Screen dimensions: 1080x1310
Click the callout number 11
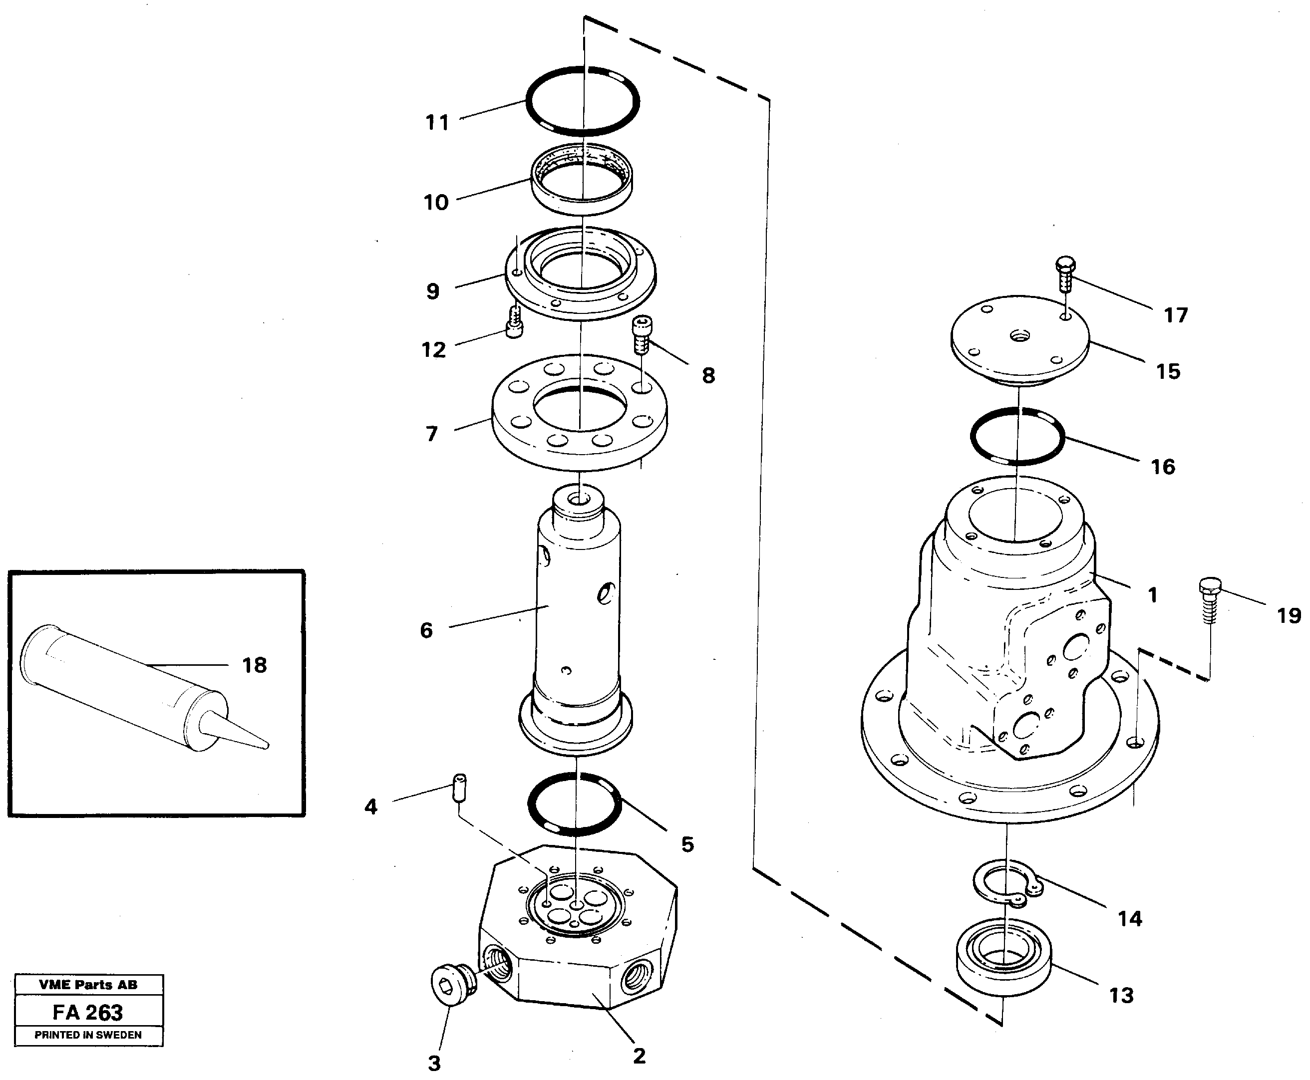437,123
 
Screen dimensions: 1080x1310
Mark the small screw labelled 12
514,322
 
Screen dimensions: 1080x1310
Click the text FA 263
88,1013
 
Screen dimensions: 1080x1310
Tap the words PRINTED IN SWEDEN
88,1035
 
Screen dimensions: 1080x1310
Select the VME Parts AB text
88,985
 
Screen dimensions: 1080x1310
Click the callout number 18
254,666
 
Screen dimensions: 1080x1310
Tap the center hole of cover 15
1019,336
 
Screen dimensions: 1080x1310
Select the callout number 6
426,630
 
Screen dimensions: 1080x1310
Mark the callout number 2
639,1056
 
